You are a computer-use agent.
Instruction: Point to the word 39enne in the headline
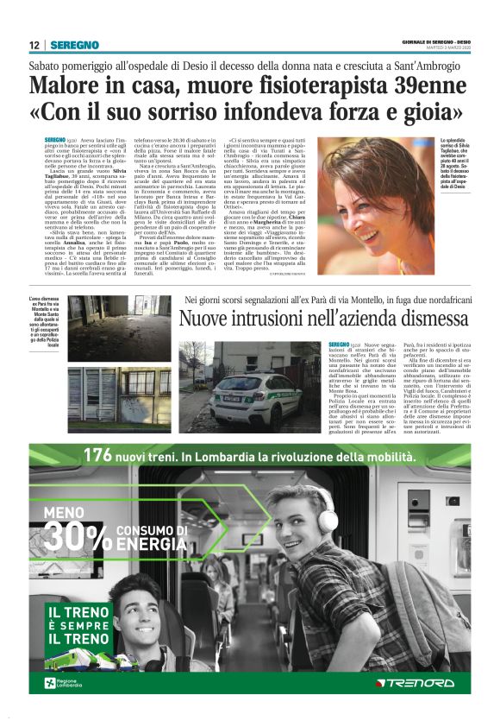428,86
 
